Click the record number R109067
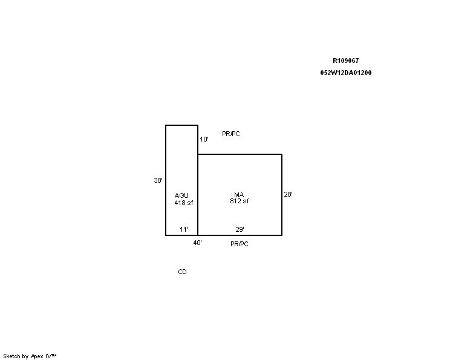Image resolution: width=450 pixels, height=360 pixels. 345,61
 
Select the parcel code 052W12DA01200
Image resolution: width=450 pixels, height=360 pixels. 345,73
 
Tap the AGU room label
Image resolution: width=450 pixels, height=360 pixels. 181,195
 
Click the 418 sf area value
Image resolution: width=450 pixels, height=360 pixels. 184,203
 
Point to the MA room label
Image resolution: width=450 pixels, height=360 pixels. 239,195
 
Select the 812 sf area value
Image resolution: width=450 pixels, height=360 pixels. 240,201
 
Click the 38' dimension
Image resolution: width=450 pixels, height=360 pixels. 158,180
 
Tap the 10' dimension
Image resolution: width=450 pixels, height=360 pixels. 204,139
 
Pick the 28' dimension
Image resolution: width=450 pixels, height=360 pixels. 288,194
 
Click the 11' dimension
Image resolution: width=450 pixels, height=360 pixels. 184,229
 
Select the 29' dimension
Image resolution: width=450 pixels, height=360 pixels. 240,229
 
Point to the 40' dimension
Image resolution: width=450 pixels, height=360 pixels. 197,243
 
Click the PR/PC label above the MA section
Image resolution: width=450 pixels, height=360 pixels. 230,134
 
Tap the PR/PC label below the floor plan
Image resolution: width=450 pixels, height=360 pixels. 240,244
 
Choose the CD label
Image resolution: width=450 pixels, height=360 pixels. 182,272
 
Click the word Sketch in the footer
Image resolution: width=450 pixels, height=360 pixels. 11,356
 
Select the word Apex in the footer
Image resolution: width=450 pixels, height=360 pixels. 37,356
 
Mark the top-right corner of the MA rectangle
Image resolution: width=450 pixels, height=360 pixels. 282,154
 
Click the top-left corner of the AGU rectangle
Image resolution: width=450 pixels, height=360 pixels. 166,125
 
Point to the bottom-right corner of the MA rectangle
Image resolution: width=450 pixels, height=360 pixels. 282,235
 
